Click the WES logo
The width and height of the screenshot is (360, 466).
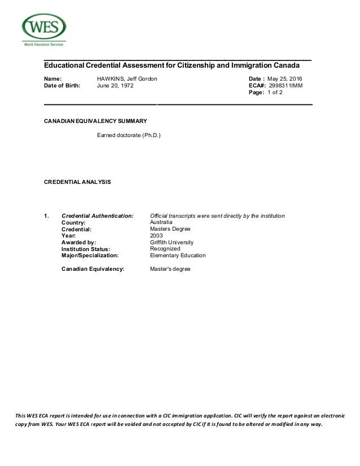point(43,29)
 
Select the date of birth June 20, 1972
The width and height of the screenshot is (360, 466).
point(116,86)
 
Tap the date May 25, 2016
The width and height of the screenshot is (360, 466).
point(285,78)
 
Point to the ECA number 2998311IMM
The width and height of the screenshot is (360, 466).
point(286,86)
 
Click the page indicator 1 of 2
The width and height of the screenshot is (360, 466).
point(275,93)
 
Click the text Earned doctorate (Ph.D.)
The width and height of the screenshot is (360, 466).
point(129,136)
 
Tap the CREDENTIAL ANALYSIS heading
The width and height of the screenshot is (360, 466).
point(77,182)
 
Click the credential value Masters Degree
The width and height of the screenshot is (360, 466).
point(170,229)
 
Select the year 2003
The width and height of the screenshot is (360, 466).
point(156,236)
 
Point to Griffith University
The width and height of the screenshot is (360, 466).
point(172,243)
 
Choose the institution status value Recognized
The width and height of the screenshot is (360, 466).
point(165,249)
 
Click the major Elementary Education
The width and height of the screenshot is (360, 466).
point(178,256)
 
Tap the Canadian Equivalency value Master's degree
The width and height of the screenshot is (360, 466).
point(170,269)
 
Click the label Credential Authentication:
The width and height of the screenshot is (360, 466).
point(97,216)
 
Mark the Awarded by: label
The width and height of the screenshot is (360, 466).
point(78,243)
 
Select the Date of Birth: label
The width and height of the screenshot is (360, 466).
point(62,86)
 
